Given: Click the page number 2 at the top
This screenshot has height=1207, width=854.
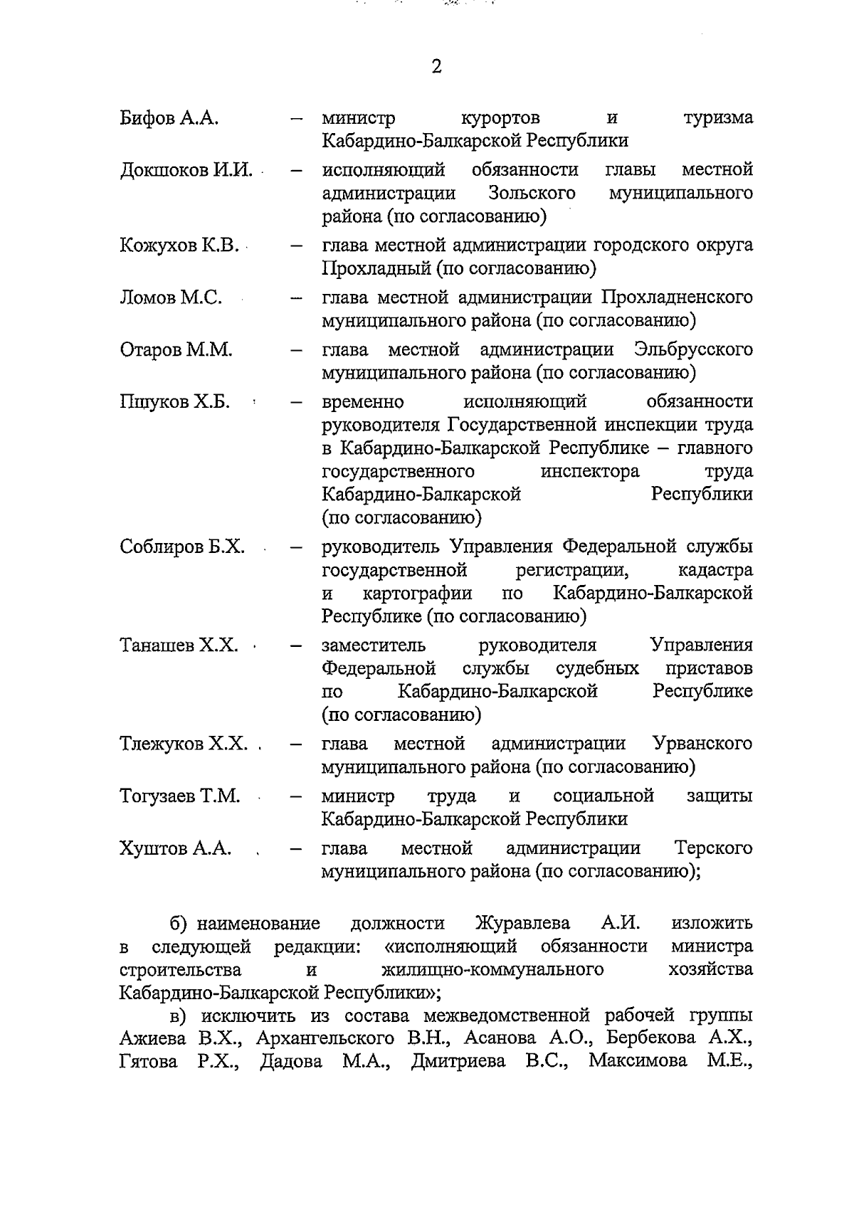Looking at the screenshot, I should point(436,67).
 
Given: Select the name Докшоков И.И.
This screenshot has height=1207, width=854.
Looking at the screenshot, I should point(186,170).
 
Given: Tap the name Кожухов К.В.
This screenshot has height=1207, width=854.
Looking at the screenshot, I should point(179,246).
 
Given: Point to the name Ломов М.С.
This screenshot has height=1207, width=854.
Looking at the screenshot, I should point(171,297).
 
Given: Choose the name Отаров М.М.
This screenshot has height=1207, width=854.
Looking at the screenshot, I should point(176,350).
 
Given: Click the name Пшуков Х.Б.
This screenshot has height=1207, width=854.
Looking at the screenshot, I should point(174,402).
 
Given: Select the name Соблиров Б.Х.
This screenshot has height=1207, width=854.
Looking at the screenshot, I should point(182,547).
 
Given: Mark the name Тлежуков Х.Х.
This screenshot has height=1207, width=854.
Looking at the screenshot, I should point(184,744).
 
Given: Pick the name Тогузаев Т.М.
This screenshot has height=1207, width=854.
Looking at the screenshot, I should point(180,796).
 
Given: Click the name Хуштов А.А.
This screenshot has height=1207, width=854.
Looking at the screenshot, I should point(176,849).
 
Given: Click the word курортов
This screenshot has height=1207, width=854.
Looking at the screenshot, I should point(500,118).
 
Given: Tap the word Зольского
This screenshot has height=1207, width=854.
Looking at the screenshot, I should point(532,194).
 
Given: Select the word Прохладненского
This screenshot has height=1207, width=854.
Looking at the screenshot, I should point(677,297).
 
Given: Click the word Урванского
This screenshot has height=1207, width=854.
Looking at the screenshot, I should point(702,744).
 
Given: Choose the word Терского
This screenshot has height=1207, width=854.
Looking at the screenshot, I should point(713,849).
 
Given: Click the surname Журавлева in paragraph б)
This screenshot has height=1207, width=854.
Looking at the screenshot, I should point(522,924).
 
